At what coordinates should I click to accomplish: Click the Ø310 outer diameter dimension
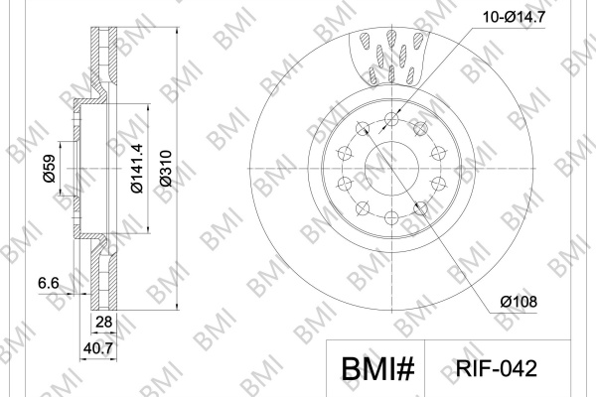click(166, 169)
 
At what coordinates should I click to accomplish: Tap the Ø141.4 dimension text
click(136, 169)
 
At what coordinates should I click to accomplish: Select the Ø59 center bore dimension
click(49, 169)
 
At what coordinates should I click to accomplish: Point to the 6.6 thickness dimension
click(49, 283)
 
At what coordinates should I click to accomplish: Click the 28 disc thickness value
click(103, 323)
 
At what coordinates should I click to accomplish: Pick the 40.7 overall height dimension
click(98, 348)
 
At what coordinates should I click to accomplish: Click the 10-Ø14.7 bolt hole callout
click(514, 17)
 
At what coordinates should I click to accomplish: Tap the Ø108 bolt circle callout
click(519, 302)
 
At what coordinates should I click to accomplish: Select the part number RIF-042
click(497, 368)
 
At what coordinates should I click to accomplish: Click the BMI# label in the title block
click(377, 369)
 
